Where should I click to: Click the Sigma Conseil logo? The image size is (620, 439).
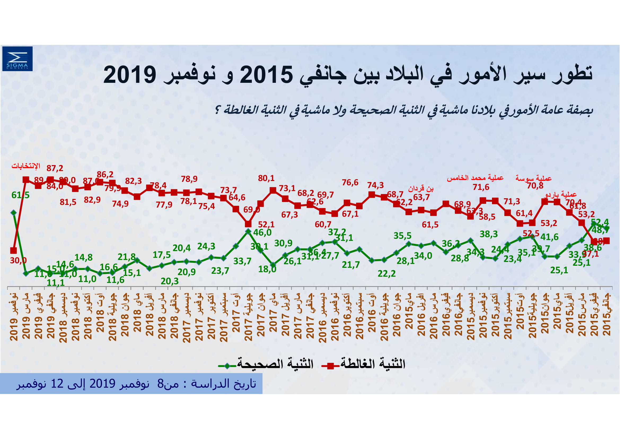[17, 59]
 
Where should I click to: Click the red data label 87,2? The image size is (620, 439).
[55, 168]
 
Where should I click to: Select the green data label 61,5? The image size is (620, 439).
[20, 195]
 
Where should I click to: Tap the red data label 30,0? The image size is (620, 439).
[18, 260]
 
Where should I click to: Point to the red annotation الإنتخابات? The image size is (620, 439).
[26, 166]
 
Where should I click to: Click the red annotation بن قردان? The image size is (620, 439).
[421, 188]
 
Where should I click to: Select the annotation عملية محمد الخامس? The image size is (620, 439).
[475, 178]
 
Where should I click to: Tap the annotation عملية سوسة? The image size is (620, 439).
[533, 178]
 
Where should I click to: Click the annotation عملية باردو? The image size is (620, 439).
[561, 194]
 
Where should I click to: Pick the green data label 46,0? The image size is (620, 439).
[262, 233]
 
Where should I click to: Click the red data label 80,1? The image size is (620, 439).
[266, 178]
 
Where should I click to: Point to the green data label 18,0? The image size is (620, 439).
[267, 269]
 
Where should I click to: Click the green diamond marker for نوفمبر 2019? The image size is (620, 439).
[14, 213]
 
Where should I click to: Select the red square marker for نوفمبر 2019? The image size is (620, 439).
[14, 250]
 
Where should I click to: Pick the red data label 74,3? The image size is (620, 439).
[375, 185]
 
